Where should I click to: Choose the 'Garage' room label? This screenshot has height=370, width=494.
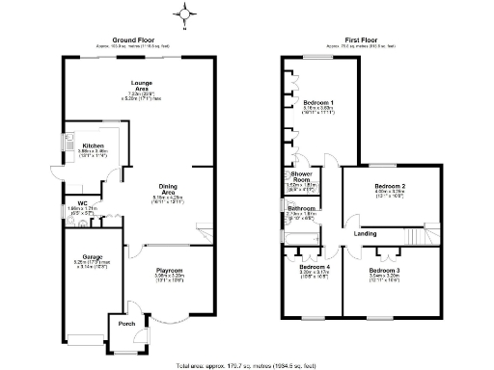93,256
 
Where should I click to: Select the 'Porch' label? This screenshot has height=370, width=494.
126,324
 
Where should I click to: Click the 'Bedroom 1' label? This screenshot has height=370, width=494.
318,102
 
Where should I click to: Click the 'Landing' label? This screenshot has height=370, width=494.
365,233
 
